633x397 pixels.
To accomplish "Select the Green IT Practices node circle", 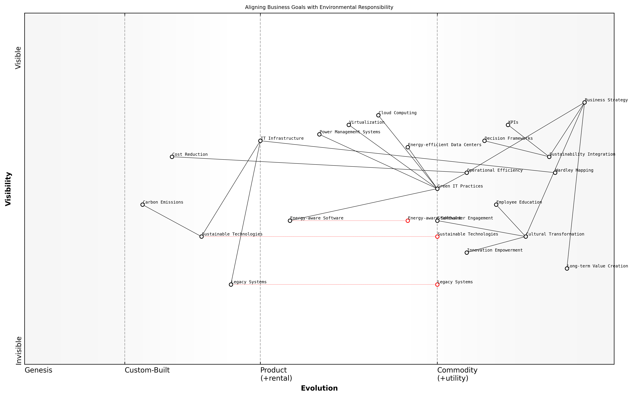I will pyautogui.click(x=437, y=189).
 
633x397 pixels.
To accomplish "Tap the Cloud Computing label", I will pyautogui.click(x=397, y=113).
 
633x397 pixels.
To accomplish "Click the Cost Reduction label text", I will pyautogui.click(x=190, y=154).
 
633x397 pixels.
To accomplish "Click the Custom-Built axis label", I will pyautogui.click(x=147, y=370).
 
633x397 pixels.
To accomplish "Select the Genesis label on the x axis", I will pyautogui.click(x=38, y=370).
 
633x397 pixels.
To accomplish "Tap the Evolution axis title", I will pyautogui.click(x=319, y=388).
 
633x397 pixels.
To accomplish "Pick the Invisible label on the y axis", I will pyautogui.click(x=18, y=351).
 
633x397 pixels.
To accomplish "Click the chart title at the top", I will pyautogui.click(x=319, y=7).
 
